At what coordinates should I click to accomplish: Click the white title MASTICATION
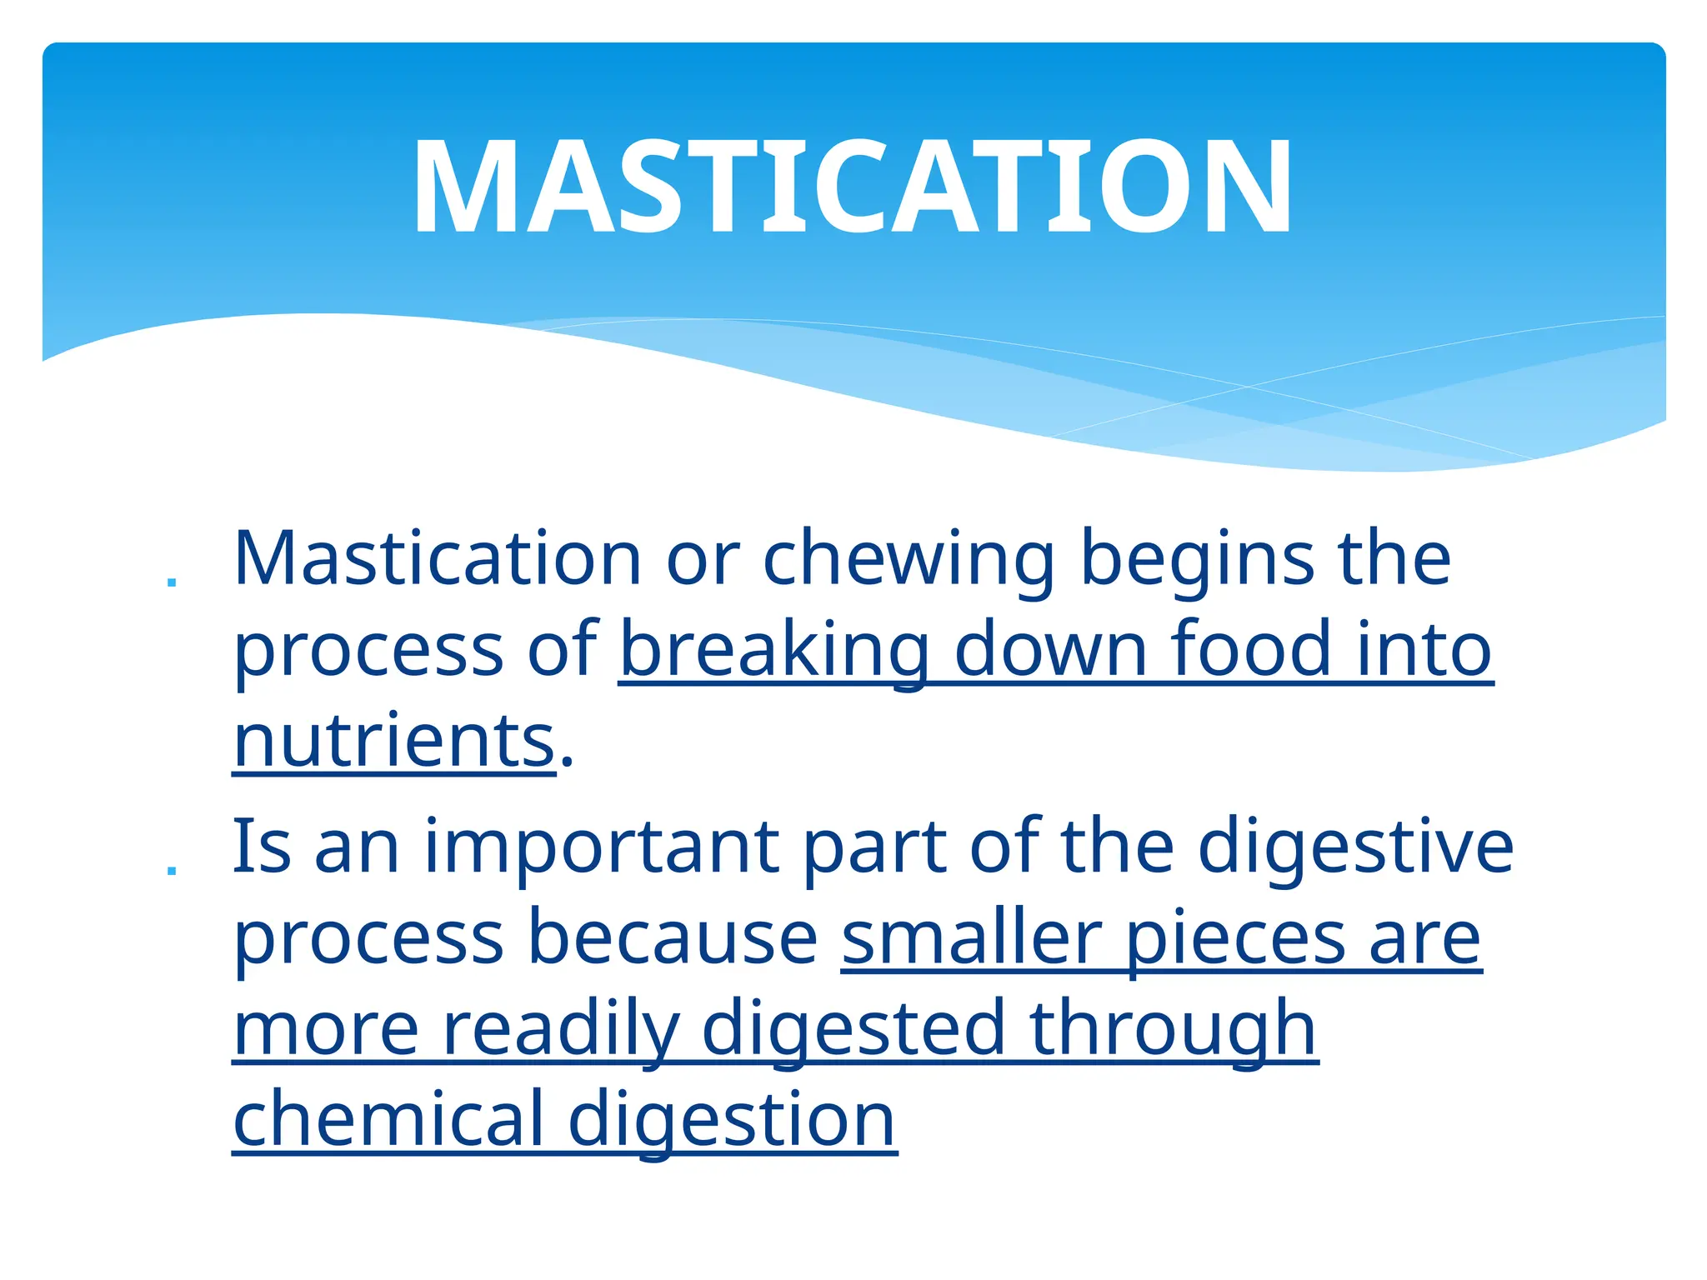coord(852,187)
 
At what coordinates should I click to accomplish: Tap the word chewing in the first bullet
coord(908,560)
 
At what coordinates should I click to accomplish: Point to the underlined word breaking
coord(774,651)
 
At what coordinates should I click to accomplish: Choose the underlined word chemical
coord(388,1120)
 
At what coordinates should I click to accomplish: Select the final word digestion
coord(732,1122)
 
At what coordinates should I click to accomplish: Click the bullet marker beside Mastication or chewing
coord(172,581)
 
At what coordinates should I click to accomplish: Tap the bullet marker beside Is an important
coord(172,870)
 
